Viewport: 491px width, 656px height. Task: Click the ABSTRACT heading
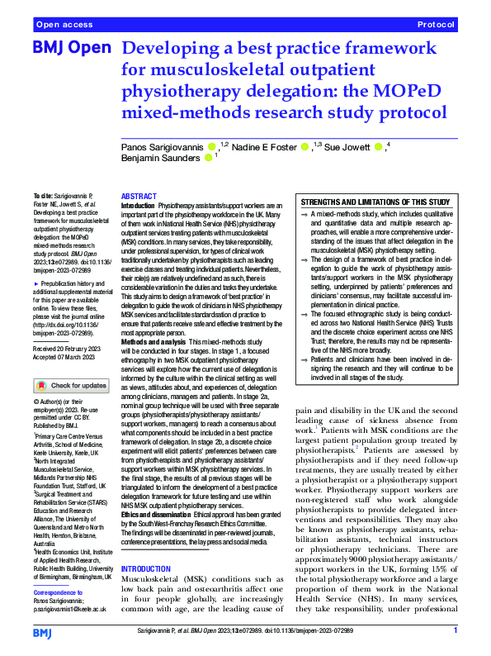click(x=139, y=197)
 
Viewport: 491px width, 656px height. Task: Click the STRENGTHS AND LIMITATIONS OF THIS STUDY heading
click(x=375, y=202)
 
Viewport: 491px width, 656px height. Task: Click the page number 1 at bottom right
click(x=456, y=631)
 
